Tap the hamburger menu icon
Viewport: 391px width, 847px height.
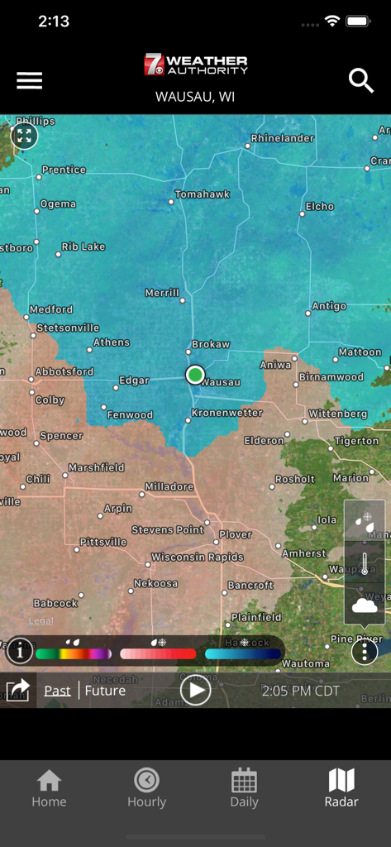(x=29, y=80)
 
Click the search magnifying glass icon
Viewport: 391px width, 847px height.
(x=361, y=80)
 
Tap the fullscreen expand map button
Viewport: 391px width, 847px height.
(x=24, y=136)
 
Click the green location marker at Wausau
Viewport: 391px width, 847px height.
(x=194, y=375)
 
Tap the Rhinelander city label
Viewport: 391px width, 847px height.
(x=282, y=138)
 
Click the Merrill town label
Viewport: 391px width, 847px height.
(x=162, y=293)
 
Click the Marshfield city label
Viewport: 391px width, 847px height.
(x=96, y=467)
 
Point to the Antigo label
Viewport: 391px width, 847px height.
(x=329, y=306)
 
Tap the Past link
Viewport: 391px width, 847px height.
(x=57, y=691)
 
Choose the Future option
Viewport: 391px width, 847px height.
(x=105, y=691)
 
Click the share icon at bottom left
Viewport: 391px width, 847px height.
(x=18, y=690)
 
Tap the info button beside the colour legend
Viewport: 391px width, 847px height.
(x=20, y=652)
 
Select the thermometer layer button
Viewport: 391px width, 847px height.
(x=364, y=563)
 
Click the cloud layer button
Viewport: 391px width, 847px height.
(x=364, y=605)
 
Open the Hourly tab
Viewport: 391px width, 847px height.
(x=146, y=787)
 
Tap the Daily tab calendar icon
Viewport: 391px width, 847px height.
(x=244, y=780)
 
